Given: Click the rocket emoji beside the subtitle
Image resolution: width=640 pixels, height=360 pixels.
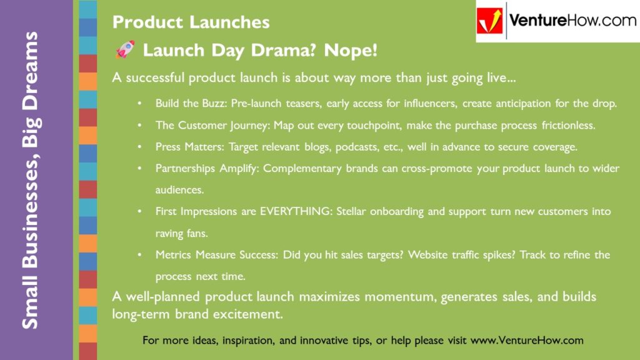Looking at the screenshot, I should pos(125,51).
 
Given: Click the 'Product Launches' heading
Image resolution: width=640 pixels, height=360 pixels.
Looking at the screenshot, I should pos(191,22).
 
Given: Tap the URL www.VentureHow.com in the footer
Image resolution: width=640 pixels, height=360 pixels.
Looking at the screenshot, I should pos(527,341).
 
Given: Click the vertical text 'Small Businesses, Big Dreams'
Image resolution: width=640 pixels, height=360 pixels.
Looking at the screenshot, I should pos(30,180).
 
